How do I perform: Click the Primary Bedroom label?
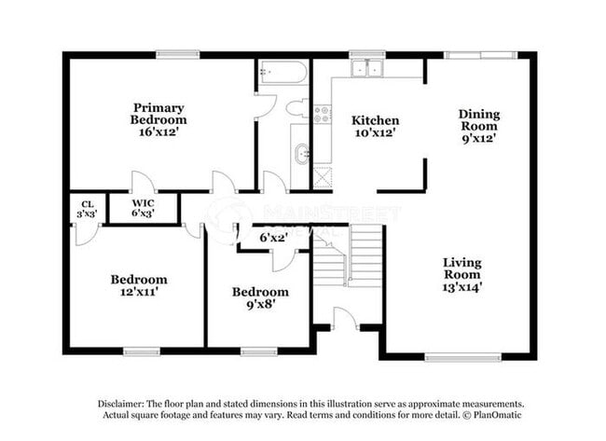158,119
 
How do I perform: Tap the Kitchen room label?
375,126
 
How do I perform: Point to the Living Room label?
462,274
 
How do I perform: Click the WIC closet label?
143,207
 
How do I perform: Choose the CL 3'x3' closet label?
88,208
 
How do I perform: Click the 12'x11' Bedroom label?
139,285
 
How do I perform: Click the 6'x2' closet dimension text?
273,238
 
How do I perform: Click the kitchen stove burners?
322,114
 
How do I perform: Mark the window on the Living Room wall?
462,355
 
